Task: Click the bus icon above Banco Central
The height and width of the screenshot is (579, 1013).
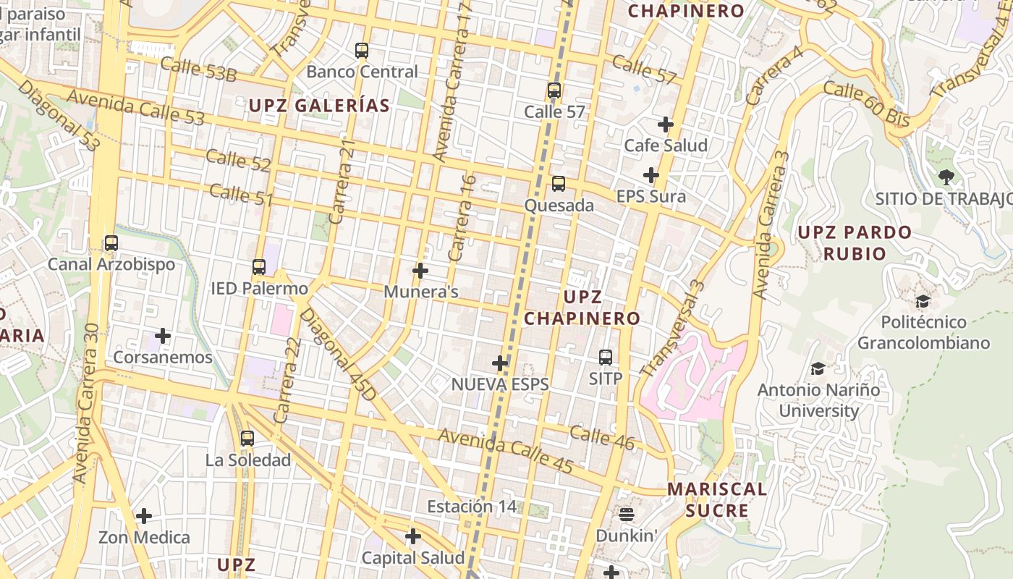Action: (362, 51)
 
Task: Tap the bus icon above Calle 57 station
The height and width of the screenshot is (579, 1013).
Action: (554, 91)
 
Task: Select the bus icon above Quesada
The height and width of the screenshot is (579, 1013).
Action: (559, 184)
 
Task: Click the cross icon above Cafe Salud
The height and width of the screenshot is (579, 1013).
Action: (666, 124)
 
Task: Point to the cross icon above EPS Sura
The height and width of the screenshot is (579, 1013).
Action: (651, 175)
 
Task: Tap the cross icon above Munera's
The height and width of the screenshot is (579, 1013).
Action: (420, 271)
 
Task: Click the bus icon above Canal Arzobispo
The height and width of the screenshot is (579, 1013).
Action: (111, 243)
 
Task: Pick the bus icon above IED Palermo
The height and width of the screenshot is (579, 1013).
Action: (259, 267)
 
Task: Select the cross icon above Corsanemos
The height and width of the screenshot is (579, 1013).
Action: (163, 336)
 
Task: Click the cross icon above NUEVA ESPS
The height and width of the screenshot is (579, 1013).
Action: (500, 363)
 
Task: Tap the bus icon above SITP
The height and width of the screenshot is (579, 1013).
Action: (606, 358)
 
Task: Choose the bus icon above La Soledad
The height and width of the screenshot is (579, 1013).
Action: (247, 439)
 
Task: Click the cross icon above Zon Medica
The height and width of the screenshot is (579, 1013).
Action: (144, 516)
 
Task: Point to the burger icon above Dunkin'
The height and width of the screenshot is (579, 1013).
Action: (627, 515)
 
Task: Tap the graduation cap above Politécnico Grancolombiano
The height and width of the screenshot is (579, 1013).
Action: (923, 301)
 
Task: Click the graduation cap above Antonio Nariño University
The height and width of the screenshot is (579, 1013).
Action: (818, 369)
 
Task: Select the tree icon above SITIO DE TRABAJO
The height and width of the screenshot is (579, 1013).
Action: (946, 177)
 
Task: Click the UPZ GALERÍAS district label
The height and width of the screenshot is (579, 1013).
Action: (319, 106)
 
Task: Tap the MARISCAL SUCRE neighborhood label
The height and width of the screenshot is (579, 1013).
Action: (716, 499)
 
